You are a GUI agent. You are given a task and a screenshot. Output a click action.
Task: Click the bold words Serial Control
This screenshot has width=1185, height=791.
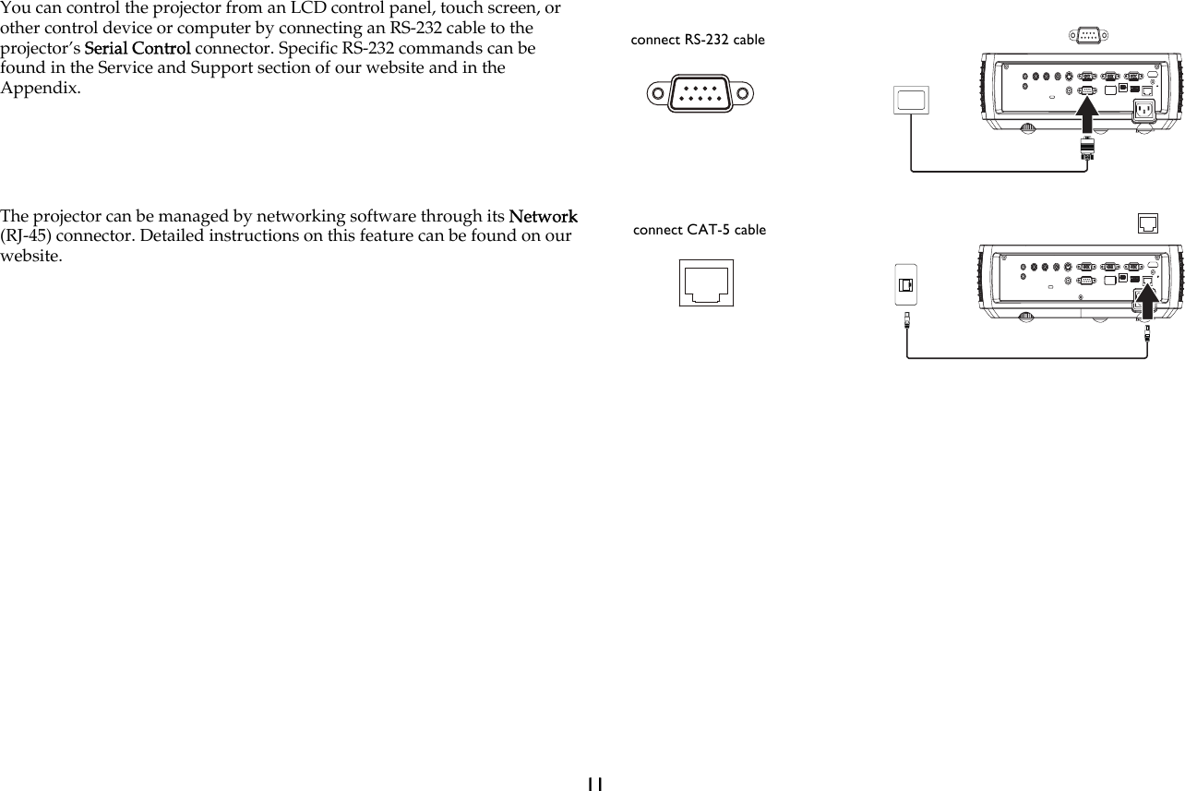138,48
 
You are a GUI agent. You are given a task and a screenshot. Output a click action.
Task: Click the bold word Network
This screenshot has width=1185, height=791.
543,217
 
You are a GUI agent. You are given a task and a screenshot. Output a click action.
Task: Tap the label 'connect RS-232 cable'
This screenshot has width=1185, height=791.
698,40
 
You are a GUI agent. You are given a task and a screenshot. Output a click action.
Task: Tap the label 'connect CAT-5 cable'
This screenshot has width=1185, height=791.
700,230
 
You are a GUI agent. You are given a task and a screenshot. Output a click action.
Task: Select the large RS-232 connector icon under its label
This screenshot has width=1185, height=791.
700,93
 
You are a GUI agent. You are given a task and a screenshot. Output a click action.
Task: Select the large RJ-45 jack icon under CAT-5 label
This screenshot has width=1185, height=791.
707,282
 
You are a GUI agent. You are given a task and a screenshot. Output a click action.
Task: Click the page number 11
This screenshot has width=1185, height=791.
593,783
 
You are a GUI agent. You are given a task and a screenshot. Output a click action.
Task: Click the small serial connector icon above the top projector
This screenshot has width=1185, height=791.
1087,36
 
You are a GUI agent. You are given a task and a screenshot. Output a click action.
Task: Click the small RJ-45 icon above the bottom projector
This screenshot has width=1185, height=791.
1147,222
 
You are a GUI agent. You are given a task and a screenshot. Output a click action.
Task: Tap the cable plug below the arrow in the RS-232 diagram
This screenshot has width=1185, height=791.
1087,150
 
